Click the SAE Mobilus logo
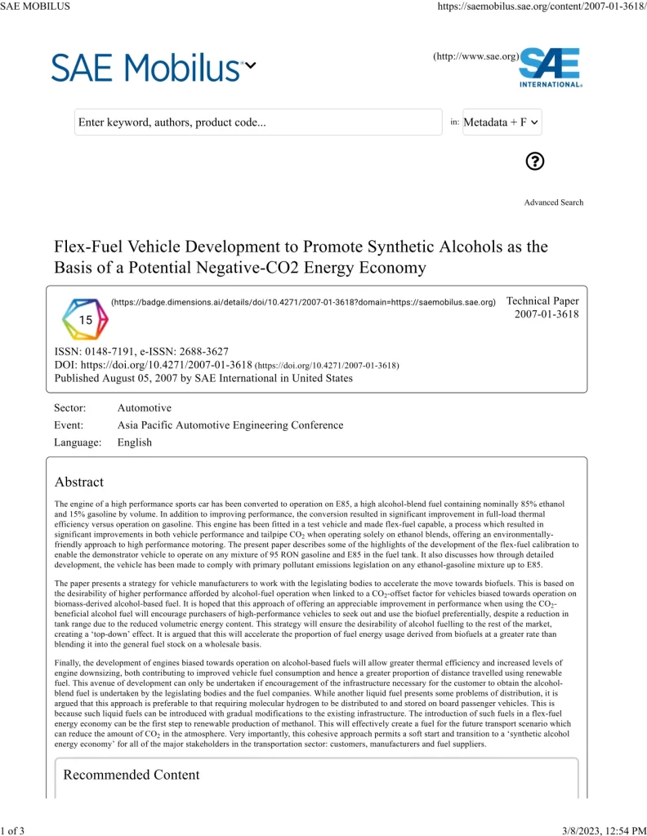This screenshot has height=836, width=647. [146, 67]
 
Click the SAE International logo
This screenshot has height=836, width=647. [551, 68]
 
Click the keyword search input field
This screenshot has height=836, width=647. [258, 122]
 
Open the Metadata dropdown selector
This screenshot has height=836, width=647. [502, 122]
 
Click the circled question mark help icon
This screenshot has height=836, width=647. [535, 161]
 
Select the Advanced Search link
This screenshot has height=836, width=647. [554, 202]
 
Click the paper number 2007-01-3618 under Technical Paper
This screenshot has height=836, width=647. [547, 314]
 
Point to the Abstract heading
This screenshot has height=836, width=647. [79, 482]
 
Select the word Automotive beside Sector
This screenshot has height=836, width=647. [145, 407]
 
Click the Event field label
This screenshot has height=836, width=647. [69, 425]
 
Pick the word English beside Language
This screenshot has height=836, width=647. [135, 442]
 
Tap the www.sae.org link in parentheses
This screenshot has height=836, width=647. [476, 56]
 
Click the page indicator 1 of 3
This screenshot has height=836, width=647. [14, 830]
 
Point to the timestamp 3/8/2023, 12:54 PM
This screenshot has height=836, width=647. [605, 830]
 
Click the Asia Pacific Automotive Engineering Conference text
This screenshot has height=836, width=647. [230, 425]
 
